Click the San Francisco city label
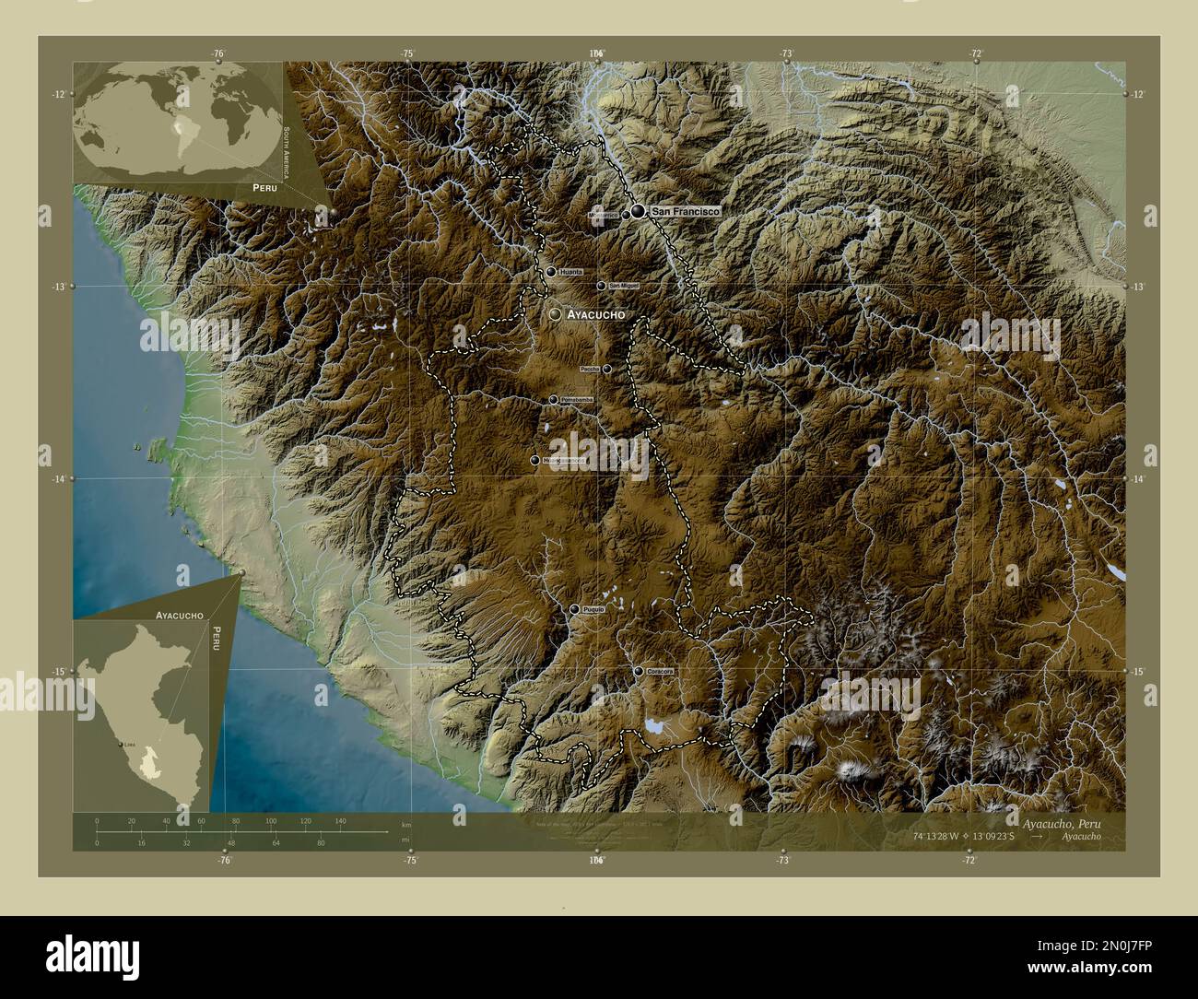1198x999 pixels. (684, 212)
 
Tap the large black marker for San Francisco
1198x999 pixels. (638, 212)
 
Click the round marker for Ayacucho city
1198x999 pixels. (555, 314)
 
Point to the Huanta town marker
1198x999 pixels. (550, 272)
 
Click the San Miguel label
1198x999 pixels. (623, 287)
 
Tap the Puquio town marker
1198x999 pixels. (575, 610)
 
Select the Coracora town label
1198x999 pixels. (660, 672)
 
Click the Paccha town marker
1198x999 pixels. (606, 369)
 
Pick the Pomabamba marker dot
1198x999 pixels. (553, 399)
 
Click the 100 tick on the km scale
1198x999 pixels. (271, 820)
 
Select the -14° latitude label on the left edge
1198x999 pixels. (58, 479)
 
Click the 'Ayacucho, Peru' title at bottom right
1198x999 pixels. (1060, 821)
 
